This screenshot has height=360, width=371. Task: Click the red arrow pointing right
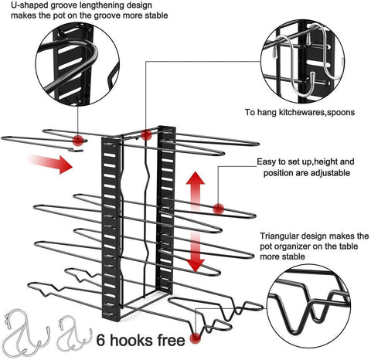[50, 164]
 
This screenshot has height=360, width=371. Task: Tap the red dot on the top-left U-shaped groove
[78, 141]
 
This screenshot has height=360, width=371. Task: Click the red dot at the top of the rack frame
[146, 134]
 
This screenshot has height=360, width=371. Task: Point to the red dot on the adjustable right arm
[219, 209]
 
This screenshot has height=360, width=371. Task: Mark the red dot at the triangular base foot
[196, 338]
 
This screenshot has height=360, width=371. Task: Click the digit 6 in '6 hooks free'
[100, 340]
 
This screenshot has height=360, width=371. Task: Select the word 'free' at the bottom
[172, 340]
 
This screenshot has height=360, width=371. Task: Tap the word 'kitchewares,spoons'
[317, 112]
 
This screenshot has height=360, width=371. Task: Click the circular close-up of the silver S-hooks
[302, 62]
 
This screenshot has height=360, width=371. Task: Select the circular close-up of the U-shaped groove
[77, 64]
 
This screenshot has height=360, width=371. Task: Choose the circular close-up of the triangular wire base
[308, 307]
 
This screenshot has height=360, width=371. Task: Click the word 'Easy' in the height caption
[266, 162]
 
